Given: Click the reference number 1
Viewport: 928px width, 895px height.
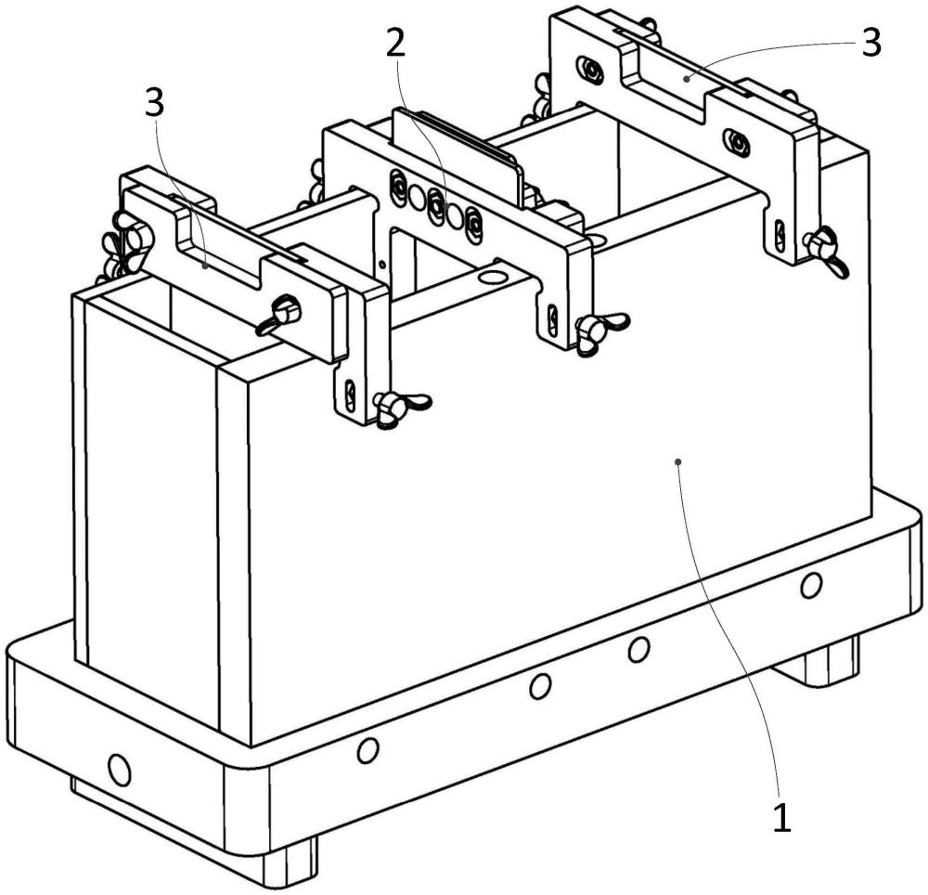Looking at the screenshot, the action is [781, 817].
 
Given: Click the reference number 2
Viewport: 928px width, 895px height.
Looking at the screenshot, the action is [396, 44].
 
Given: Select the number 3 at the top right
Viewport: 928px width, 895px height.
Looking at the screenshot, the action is [871, 43].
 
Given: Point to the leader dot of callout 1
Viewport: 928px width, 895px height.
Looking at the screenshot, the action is [678, 461].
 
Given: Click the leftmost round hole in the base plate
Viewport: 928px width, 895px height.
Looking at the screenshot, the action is [119, 770].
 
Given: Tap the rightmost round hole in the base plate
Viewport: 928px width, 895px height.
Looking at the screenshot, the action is [811, 585].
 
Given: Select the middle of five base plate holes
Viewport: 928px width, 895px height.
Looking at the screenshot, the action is [539, 686].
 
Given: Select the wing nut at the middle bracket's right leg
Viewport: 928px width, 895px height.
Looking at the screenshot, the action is [599, 331].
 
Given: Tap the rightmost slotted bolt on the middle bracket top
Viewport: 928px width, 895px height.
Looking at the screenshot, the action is [474, 224].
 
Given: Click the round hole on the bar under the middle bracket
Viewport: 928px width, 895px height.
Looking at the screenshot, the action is [492, 277].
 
